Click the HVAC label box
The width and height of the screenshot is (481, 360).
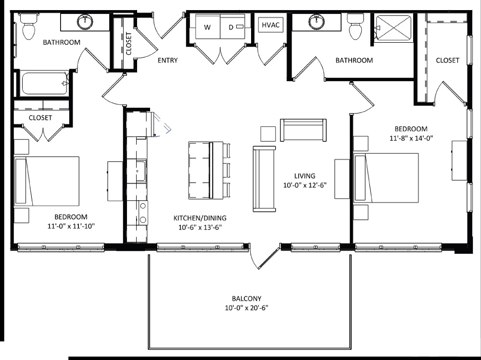tap(270, 25)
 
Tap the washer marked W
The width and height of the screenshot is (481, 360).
tap(207, 27)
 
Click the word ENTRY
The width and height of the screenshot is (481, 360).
tap(167, 61)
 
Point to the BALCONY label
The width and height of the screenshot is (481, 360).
tap(246, 298)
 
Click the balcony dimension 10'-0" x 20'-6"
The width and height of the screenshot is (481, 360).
tap(246, 308)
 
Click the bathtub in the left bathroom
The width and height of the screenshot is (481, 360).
tap(45, 83)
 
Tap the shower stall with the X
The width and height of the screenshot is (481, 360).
tap(394, 28)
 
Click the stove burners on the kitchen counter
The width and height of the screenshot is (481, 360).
tap(143, 213)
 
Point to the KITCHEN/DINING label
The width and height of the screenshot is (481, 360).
tap(200, 218)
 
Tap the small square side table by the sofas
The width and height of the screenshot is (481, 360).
tap(268, 133)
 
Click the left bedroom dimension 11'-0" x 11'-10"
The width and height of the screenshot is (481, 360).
tap(71, 226)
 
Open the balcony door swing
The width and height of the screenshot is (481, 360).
tap(266, 257)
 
